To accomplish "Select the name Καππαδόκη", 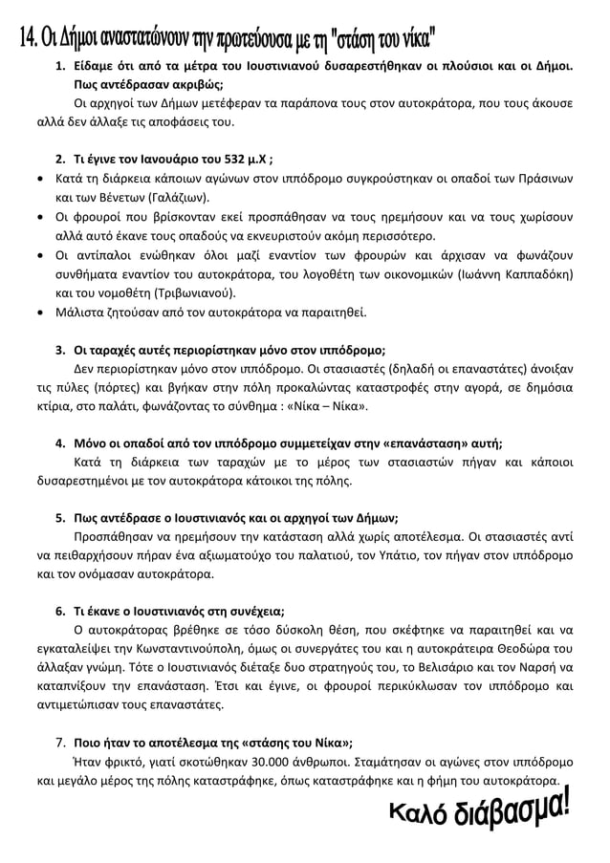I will (537, 274).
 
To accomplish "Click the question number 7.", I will (59, 743).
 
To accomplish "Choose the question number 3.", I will (59, 349).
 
